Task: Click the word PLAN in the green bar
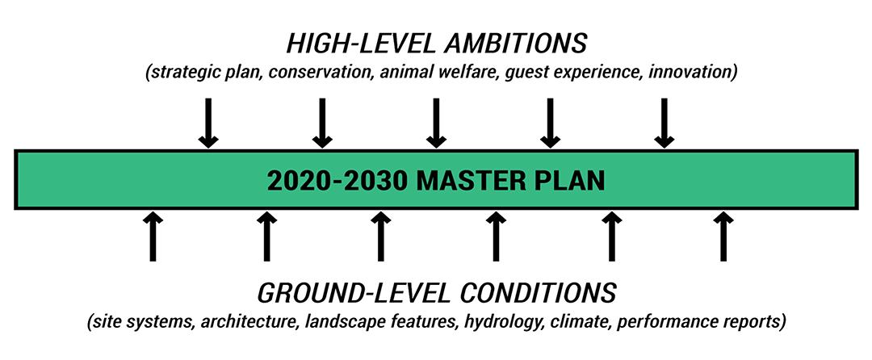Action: click(570, 181)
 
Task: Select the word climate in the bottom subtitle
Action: click(576, 322)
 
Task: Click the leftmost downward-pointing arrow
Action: click(208, 123)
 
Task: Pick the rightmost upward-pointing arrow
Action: click(723, 237)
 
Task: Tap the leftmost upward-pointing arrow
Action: click(153, 237)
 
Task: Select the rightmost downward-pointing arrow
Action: click(664, 123)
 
